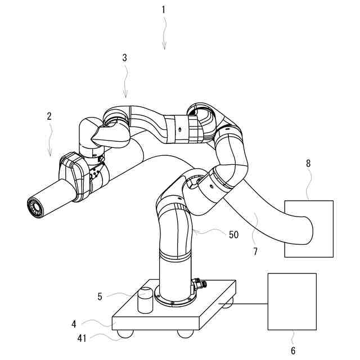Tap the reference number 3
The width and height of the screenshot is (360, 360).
pyautogui.click(x=124, y=57)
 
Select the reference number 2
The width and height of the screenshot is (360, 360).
pyautogui.click(x=49, y=116)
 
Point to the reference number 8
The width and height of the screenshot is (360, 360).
pyautogui.click(x=308, y=163)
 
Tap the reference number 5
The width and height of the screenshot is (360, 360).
pyautogui.click(x=100, y=296)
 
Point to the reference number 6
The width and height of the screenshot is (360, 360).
pyautogui.click(x=293, y=352)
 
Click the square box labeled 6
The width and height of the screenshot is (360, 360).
pyautogui.click(x=292, y=301)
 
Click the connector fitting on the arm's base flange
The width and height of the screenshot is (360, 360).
pyautogui.click(x=198, y=285)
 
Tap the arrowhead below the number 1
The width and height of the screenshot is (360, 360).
pyautogui.click(x=165, y=48)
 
